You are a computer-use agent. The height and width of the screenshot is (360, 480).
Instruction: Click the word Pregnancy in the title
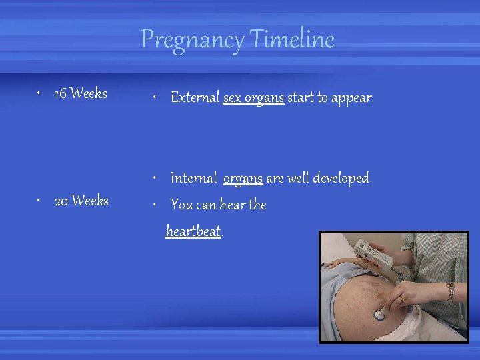coord(193,40)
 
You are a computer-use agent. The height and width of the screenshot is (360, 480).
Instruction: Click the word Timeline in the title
coord(292,40)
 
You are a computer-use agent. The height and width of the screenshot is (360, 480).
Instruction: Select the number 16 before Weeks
coord(60,94)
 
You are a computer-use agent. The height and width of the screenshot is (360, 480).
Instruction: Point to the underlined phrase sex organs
coord(253,98)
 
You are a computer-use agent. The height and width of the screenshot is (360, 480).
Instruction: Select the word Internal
coord(193,178)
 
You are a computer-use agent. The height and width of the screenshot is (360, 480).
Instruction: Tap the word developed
coord(342,178)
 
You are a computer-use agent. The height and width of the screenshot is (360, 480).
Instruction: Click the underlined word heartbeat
coord(193,231)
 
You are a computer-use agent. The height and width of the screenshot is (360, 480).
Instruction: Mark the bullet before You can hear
coord(154,205)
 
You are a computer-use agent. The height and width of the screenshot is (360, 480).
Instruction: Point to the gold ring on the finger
coord(401,299)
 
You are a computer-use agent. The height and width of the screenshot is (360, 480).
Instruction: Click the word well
coord(297,178)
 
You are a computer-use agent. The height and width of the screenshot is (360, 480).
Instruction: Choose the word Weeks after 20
coord(90,201)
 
